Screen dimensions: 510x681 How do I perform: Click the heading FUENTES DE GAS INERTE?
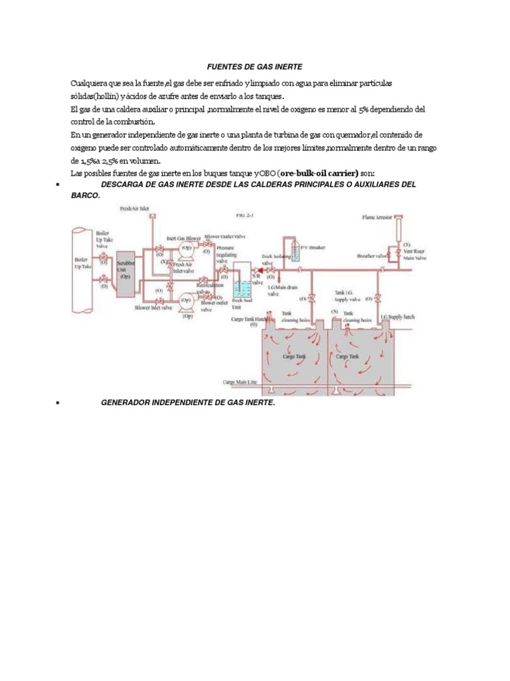click(256, 67)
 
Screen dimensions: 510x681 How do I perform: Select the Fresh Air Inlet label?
click(134, 209)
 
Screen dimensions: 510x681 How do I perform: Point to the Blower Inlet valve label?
click(153, 308)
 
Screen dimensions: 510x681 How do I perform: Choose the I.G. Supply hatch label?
click(397, 317)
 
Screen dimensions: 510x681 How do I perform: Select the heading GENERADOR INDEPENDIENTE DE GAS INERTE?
click(187, 403)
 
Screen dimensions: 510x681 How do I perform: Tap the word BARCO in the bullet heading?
click(85, 196)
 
